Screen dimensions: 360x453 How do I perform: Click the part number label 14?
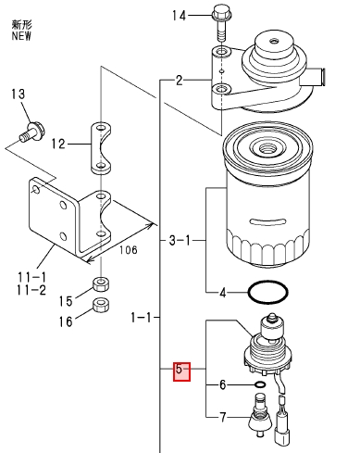point(179,15)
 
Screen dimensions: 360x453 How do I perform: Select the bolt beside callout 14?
point(222,22)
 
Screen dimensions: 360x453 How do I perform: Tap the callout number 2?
point(180,81)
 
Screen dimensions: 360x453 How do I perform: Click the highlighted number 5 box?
point(181,371)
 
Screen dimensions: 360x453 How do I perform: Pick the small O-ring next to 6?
point(260,384)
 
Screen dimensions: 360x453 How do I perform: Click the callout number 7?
point(223,418)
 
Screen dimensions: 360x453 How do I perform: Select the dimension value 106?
point(129,250)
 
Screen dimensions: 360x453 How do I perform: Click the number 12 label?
point(58,144)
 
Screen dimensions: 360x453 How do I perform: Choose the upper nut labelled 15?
point(101,284)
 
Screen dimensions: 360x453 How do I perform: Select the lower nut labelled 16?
point(101,305)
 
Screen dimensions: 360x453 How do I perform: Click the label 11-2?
point(31,290)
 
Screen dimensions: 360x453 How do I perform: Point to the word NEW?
point(21,35)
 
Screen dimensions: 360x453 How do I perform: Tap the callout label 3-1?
point(180,240)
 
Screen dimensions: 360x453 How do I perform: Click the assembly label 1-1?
point(142,317)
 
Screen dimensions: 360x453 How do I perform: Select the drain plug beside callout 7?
point(261,415)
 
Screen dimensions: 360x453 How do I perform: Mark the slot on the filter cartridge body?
point(267,221)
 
